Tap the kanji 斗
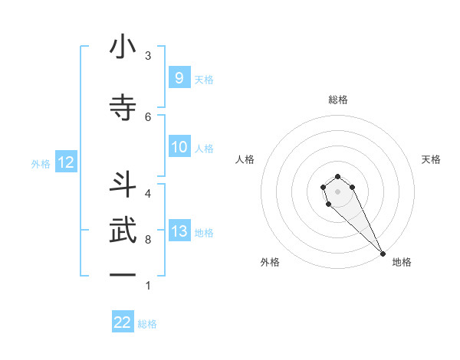click(123, 184)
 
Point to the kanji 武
click(123, 231)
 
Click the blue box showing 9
click(179, 77)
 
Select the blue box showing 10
click(179, 147)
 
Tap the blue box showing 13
click(179, 231)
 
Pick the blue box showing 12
click(65, 162)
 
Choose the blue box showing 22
click(123, 322)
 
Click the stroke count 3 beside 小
click(148, 56)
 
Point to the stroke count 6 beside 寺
click(148, 116)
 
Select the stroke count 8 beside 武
click(148, 239)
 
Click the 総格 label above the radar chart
click(338, 100)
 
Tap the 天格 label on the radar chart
click(431, 159)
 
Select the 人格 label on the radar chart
click(245, 159)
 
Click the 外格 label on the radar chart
click(269, 262)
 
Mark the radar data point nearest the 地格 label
click(383, 254)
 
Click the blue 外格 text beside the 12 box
click(40, 163)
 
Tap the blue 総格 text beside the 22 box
click(147, 323)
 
